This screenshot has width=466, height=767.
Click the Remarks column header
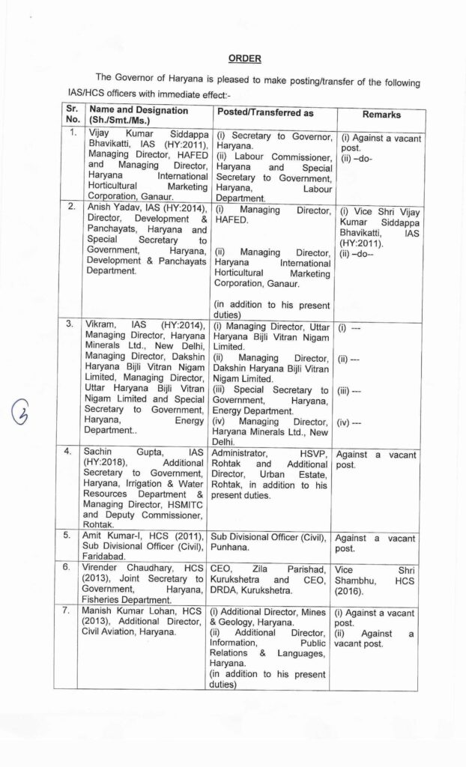(x=381, y=115)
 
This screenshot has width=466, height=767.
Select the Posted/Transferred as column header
(x=265, y=112)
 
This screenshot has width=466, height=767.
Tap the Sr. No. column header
(x=72, y=114)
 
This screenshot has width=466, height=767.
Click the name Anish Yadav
(x=113, y=208)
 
